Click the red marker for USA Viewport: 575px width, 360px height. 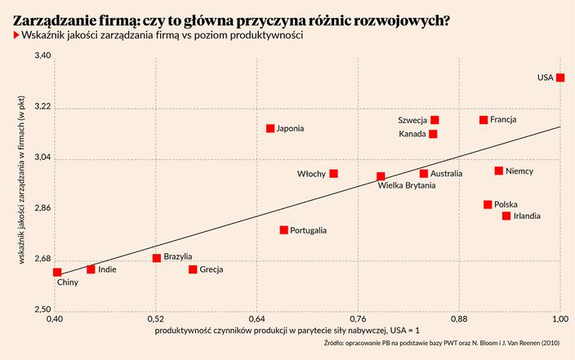click(x=561, y=78)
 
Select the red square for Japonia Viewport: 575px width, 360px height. click(x=270, y=128)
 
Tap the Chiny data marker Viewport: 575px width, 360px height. click(x=57, y=272)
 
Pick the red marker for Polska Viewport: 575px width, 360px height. click(x=488, y=205)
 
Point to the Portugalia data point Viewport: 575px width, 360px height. click(x=283, y=230)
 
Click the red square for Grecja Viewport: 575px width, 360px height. click(x=193, y=269)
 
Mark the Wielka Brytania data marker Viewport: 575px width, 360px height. click(x=381, y=176)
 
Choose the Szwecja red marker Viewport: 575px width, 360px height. click(x=435, y=120)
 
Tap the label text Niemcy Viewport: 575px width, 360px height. click(x=519, y=171)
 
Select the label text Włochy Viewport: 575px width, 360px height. click(x=311, y=174)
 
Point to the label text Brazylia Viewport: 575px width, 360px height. click(x=178, y=256)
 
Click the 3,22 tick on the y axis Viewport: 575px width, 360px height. click(x=42, y=108)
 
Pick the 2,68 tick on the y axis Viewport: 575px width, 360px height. click(x=42, y=261)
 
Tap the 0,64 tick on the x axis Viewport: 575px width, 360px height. click(x=256, y=317)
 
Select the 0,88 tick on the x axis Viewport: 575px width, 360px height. click(x=459, y=317)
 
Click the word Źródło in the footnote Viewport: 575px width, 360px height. click(x=337, y=343)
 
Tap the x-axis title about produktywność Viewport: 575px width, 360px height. click(x=287, y=330)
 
